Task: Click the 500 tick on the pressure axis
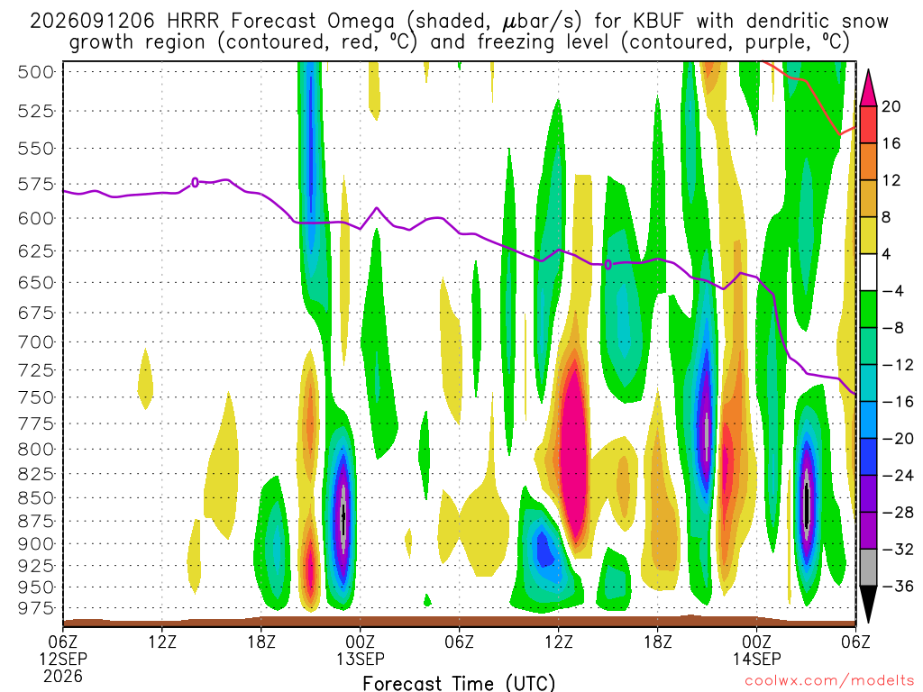click(36, 72)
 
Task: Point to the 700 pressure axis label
click(36, 341)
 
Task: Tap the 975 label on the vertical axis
click(36, 608)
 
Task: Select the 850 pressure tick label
click(36, 497)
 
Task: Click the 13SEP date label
click(361, 659)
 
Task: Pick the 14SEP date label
click(757, 659)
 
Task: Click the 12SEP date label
click(63, 659)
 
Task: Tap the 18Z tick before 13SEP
click(261, 642)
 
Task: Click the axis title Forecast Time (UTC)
click(459, 683)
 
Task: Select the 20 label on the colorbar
click(891, 106)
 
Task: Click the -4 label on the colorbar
click(892, 291)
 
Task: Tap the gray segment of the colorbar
click(868, 568)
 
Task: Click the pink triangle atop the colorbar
click(868, 89)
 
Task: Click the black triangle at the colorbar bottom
click(868, 604)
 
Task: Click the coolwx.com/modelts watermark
click(829, 681)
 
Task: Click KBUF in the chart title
click(658, 22)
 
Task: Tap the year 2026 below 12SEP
click(63, 676)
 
